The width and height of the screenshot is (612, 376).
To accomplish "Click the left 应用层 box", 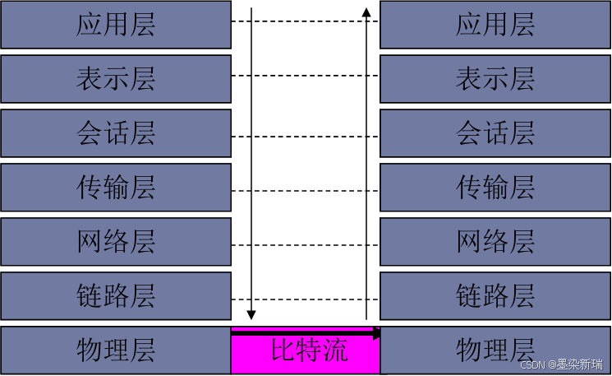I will click(115, 25).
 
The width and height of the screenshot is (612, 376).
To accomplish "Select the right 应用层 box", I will click(495, 25).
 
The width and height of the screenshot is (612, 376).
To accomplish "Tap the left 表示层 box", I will click(115, 79).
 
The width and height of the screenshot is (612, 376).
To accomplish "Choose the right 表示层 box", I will click(495, 79).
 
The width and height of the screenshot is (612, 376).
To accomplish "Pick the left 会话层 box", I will click(115, 133).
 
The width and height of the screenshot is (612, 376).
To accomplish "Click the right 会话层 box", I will click(495, 133).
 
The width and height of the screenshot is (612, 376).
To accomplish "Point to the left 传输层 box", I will click(115, 188).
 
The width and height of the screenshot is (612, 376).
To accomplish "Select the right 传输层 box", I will click(495, 188).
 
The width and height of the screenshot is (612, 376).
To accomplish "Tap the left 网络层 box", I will click(115, 242).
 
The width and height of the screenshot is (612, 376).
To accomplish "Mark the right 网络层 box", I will click(495, 242).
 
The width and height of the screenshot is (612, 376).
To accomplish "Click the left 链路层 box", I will click(115, 295).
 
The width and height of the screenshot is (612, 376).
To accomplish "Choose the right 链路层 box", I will click(495, 295).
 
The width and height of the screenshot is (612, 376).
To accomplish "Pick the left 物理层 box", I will click(115, 350).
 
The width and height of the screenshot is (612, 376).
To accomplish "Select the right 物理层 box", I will click(495, 350).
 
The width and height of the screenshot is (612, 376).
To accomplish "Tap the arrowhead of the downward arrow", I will click(252, 314).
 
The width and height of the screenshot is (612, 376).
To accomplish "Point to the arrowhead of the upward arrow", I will click(366, 12).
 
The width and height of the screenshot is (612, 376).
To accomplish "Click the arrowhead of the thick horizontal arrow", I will click(377, 333).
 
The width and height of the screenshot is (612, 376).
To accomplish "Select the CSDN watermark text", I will click(562, 364).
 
